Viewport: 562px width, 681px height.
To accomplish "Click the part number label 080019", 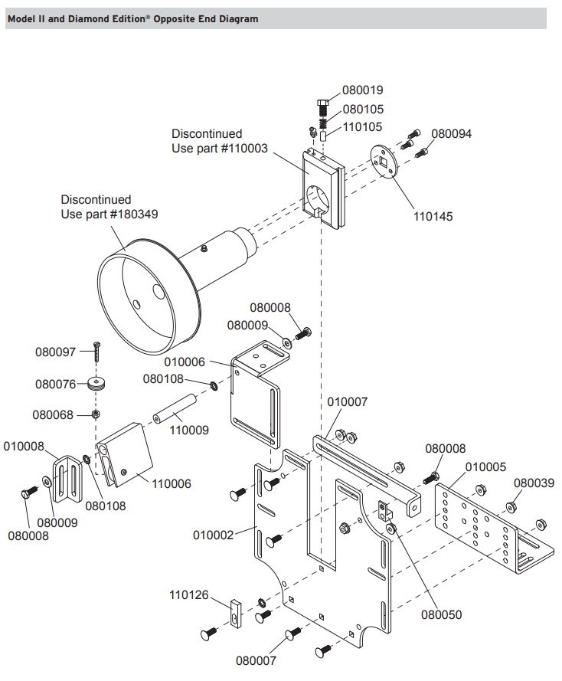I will (x=362, y=90).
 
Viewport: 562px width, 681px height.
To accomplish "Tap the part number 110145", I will (x=433, y=217).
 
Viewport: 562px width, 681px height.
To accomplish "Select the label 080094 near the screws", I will (x=451, y=133).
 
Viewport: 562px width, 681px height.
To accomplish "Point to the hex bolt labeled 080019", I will (x=322, y=105).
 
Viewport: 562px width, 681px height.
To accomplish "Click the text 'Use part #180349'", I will (x=109, y=214).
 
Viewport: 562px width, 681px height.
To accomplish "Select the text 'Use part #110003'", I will (x=220, y=149).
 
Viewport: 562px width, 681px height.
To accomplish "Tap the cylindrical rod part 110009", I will (x=175, y=407).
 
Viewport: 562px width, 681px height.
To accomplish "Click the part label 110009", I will (x=188, y=431).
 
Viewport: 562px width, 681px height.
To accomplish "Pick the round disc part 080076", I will (x=97, y=383).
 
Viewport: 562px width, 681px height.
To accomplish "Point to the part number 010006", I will (x=185, y=362).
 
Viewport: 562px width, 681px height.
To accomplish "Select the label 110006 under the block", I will (x=172, y=483).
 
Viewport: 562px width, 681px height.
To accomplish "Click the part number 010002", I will (x=214, y=535).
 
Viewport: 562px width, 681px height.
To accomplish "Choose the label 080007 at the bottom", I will (x=256, y=660).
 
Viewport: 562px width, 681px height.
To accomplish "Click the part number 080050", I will (x=441, y=614).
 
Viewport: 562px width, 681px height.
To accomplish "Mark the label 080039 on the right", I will (x=534, y=483).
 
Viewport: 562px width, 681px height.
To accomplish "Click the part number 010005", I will (x=485, y=467).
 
